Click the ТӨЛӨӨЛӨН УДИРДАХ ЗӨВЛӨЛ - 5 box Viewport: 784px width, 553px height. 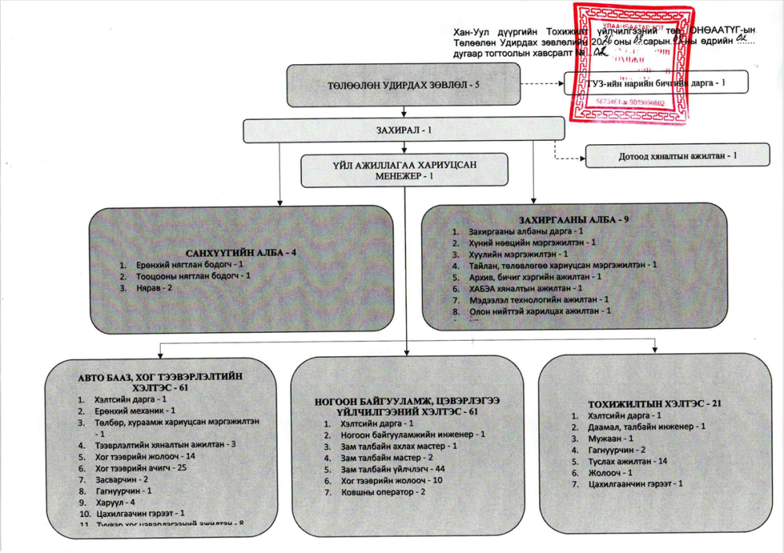click(403, 85)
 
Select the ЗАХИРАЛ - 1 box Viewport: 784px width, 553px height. click(403, 129)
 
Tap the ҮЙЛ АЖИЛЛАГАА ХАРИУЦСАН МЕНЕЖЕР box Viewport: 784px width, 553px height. click(404, 170)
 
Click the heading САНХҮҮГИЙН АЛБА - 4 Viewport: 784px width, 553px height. click(241, 253)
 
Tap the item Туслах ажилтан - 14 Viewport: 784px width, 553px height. click(628, 461)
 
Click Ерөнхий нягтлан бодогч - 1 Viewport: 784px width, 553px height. click(183, 266)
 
